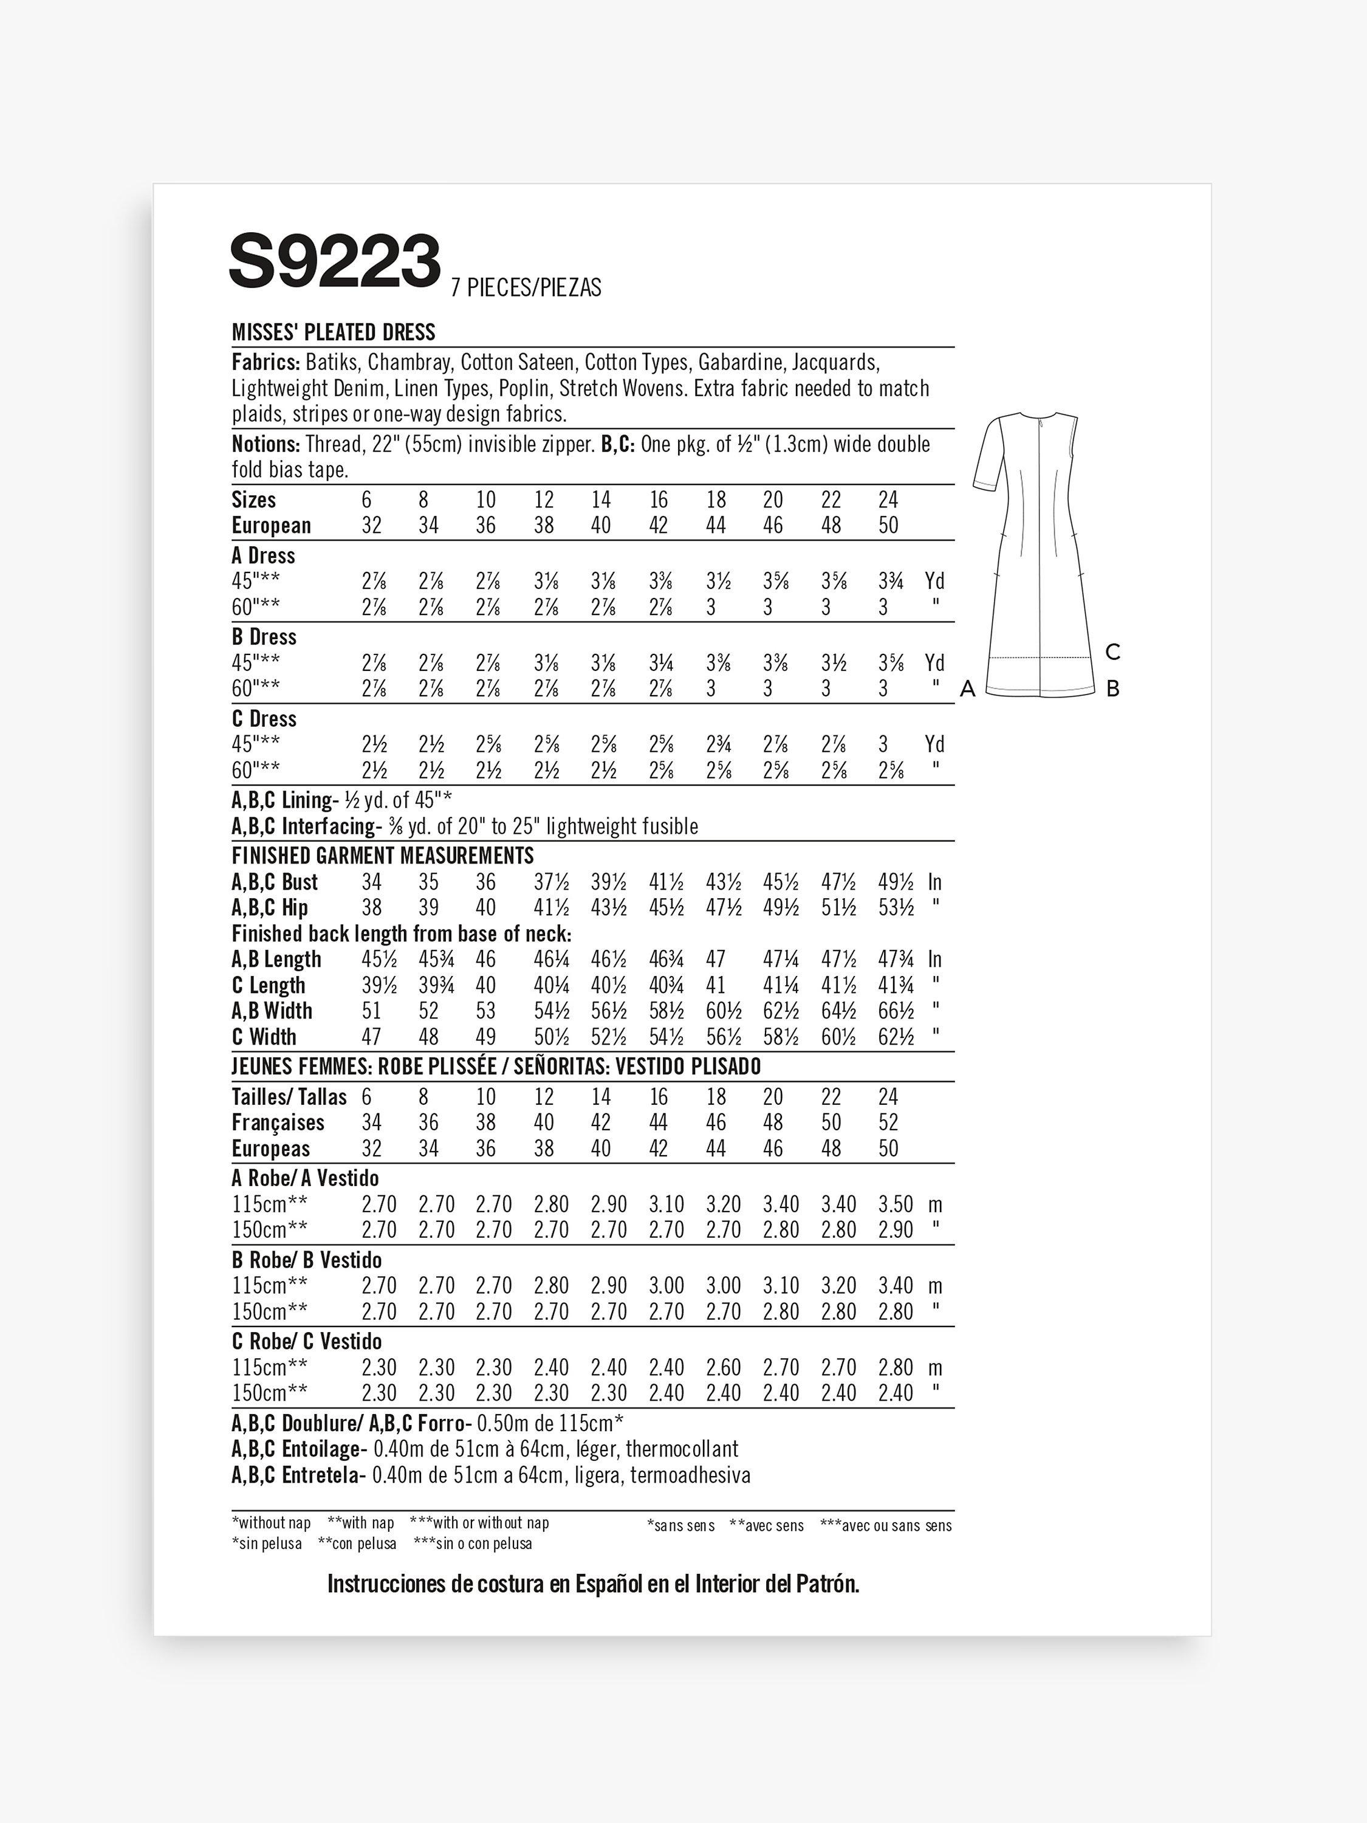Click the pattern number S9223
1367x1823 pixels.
(335, 261)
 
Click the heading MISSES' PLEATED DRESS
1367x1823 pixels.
(333, 332)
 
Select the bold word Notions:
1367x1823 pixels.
(266, 444)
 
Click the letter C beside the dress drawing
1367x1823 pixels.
(1112, 652)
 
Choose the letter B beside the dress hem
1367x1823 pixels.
(1112, 689)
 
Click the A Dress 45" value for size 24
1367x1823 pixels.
(890, 582)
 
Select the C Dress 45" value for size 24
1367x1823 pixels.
(883, 744)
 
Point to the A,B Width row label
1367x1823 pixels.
(272, 1011)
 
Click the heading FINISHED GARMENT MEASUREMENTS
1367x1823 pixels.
(382, 856)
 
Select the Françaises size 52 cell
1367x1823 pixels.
(888, 1122)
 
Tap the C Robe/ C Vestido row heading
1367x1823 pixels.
(307, 1341)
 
